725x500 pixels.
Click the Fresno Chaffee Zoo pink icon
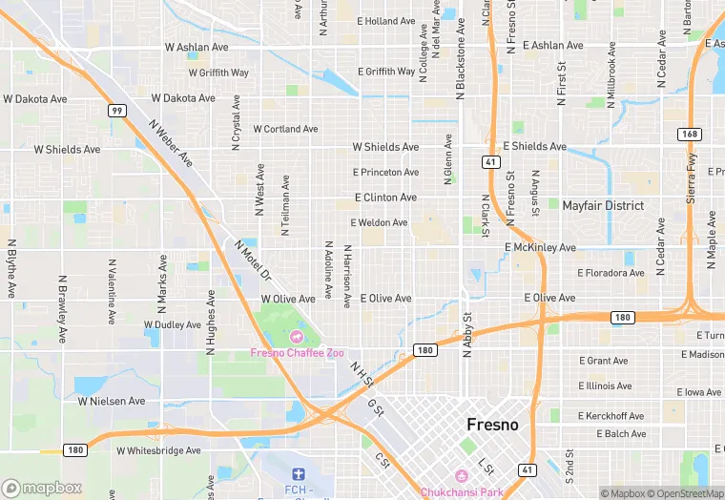click(x=296, y=337)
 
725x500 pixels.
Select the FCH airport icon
click(x=297, y=474)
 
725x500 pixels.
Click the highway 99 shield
click(x=115, y=111)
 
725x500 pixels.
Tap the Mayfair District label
click(x=602, y=205)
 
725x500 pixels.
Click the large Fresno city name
click(x=492, y=425)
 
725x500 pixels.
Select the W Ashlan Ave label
click(x=197, y=46)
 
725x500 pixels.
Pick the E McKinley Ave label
click(x=540, y=247)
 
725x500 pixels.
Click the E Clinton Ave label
click(x=385, y=198)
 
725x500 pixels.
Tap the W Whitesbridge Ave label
click(x=158, y=450)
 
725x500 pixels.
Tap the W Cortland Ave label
click(x=276, y=129)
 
